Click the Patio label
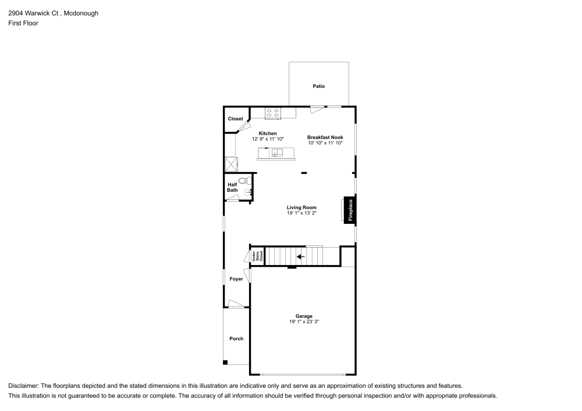(318, 86)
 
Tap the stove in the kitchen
(272, 113)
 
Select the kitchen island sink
(276, 153)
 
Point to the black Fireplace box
(350, 210)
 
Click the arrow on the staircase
(300, 256)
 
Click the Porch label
(236, 338)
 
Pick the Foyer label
(236, 279)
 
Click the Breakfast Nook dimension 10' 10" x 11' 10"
(325, 143)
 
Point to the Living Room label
(301, 208)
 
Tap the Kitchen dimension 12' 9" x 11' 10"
(268, 139)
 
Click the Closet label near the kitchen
(235, 119)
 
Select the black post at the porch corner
(225, 363)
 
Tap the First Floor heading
(23, 23)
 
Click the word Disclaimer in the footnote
(23, 386)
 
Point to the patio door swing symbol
(317, 109)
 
